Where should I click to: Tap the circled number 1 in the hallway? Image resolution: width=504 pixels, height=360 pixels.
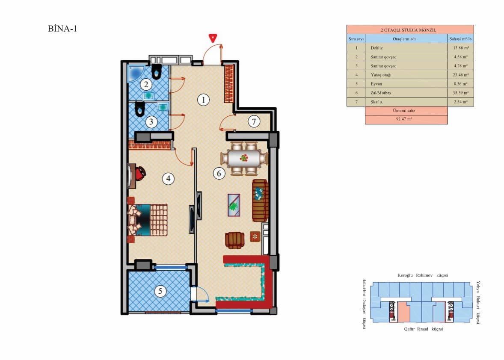coord(204,100)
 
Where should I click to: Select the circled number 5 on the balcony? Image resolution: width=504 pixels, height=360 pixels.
coord(160,292)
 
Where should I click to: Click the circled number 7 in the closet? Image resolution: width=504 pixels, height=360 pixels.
coord(254,122)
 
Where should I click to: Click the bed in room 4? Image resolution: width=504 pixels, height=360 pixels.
coord(148,220)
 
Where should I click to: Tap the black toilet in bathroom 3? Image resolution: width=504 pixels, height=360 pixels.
coord(139,110)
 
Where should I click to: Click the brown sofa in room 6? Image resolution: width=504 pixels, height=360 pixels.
coord(260,200)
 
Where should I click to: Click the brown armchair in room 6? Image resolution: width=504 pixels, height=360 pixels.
coord(234,240)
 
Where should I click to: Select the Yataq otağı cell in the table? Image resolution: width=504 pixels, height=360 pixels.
coord(404,75)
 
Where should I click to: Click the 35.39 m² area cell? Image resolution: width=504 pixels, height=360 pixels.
coord(460,93)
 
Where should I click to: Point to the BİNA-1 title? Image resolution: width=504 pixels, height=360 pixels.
coord(62,29)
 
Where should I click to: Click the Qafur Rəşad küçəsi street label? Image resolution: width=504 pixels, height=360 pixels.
coord(423,329)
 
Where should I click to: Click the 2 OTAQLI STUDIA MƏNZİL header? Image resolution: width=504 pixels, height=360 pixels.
coord(409,30)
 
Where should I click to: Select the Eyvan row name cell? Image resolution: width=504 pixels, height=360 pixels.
coord(404,84)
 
